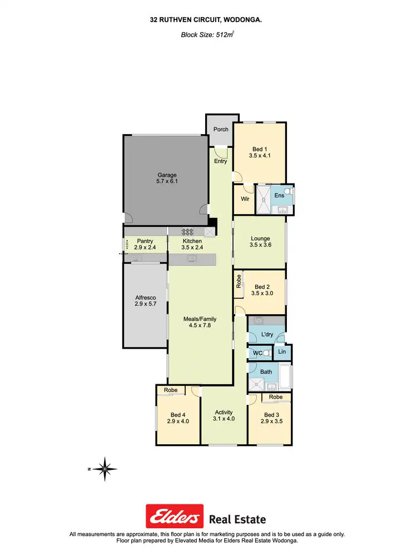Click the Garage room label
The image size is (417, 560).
click(166, 175)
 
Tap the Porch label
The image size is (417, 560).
click(221, 130)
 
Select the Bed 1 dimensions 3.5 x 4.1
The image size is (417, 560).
click(259, 156)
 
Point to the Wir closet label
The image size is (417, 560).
click(244, 199)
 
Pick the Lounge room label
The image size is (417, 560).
click(260, 239)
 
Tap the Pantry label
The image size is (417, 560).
click(145, 241)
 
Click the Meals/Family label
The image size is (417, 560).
click(200, 319)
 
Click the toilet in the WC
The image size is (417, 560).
click(266, 353)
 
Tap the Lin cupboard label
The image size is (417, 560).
click(282, 353)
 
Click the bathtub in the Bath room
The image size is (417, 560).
click(286, 377)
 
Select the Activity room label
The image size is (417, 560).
click(224, 413)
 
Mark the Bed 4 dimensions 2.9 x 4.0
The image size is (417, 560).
click(178, 422)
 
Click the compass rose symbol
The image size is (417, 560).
click(105, 469)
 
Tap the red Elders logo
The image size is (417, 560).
click(174, 517)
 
